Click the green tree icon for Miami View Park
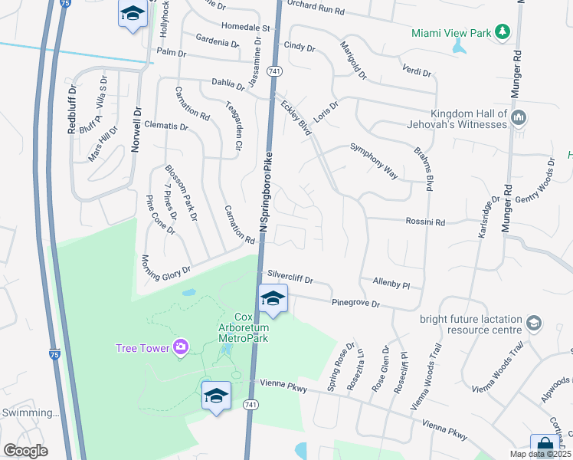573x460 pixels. click(502, 32)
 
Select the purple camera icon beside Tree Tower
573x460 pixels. click(181, 347)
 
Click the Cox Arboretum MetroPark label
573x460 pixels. click(244, 327)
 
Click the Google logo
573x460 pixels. click(25, 451)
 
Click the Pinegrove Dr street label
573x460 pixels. click(355, 304)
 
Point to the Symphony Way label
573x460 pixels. click(374, 161)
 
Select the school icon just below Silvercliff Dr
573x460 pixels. click(272, 298)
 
